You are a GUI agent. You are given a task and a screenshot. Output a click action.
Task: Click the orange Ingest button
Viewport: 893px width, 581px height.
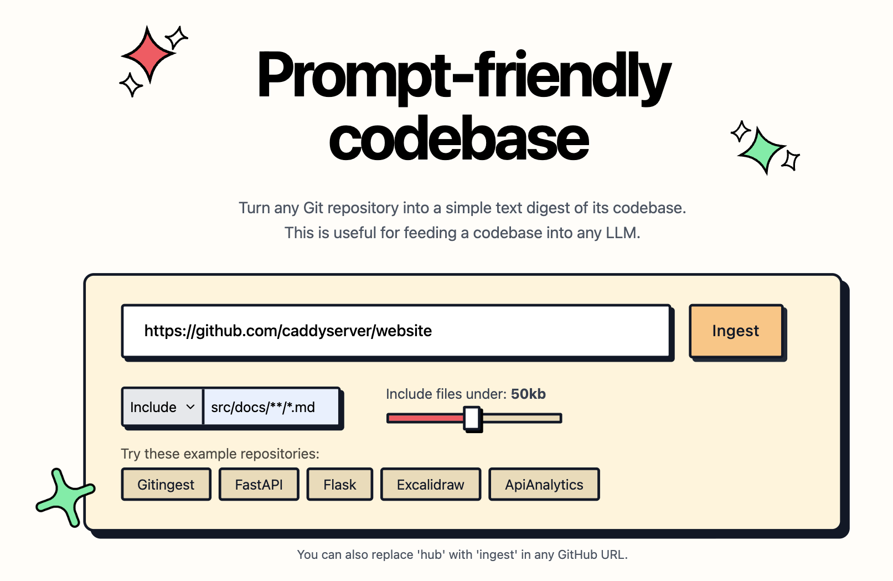736,331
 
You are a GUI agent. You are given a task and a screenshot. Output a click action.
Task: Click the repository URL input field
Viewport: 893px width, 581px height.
396,331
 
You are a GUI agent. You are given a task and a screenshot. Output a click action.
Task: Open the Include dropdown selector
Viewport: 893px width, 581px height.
162,407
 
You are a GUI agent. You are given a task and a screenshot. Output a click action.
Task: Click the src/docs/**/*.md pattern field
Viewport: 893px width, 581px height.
271,407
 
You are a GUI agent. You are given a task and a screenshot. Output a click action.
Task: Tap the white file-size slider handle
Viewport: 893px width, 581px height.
472,418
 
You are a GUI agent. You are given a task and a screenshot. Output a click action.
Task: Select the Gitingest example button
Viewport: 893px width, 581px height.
166,484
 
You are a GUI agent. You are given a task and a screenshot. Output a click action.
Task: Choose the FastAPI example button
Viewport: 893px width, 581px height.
259,484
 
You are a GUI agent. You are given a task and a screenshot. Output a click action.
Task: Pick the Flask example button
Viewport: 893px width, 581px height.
340,484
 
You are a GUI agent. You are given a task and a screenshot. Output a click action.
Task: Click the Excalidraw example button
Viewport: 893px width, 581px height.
431,484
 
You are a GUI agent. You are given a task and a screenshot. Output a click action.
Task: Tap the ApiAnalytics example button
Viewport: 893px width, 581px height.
544,484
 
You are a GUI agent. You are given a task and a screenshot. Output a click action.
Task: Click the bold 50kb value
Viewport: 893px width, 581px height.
528,394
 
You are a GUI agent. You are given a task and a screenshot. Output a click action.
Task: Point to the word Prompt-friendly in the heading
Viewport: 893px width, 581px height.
464,78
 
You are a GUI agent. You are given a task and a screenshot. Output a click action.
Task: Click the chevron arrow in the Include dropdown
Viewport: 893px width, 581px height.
190,407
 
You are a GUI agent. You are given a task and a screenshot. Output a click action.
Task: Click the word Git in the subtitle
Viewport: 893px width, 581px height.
313,208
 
